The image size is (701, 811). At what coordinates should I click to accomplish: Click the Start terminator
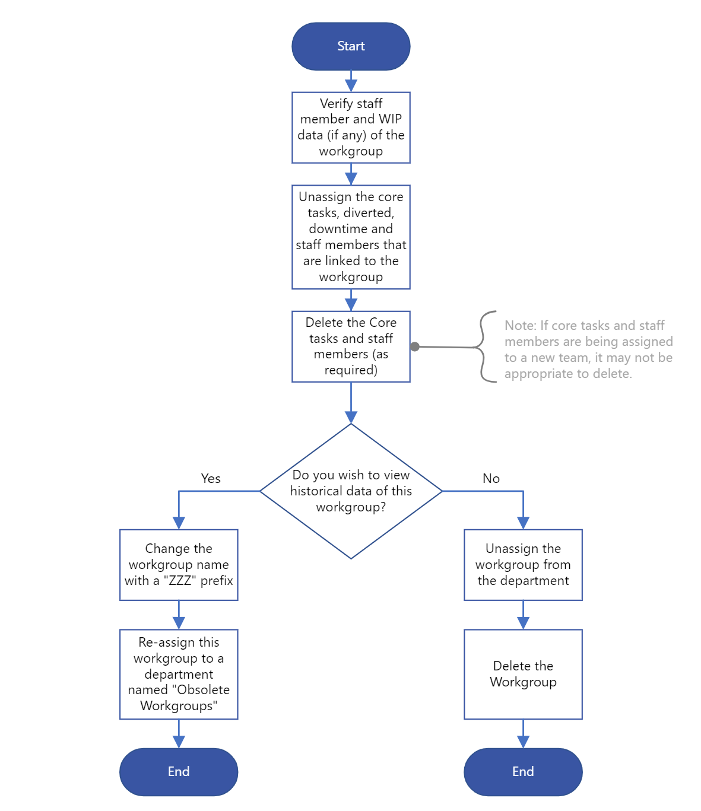pos(351,46)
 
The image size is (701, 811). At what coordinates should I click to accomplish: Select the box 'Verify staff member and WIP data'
pos(351,128)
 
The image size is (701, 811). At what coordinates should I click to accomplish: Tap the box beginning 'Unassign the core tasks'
pos(351,237)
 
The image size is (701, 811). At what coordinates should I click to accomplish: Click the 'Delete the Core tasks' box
pos(351,346)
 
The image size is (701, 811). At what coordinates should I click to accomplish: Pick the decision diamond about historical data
pos(351,491)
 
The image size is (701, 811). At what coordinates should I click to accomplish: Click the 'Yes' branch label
pos(211,479)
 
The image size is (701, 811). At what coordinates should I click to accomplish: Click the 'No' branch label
pos(491,479)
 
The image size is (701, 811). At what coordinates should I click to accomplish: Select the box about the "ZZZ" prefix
pos(179,565)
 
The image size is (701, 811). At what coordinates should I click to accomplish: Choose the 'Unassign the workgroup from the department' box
pos(523,565)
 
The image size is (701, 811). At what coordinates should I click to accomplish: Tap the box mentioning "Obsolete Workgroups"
pos(179,674)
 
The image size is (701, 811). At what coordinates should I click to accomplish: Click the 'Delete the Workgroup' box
pos(523,674)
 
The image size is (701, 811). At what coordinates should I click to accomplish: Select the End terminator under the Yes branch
pos(179,772)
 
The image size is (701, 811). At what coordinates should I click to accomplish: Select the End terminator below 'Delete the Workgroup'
pos(523,772)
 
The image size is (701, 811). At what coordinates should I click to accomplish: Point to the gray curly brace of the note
pos(482,347)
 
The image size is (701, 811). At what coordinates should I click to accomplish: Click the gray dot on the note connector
pos(415,347)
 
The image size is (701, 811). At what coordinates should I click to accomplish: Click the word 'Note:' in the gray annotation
pos(521,325)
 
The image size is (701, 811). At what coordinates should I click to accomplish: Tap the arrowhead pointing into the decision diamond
pos(351,417)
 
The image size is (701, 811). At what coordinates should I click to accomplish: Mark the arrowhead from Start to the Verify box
pos(351,85)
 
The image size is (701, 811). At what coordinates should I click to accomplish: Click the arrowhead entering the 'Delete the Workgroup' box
pos(523,623)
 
